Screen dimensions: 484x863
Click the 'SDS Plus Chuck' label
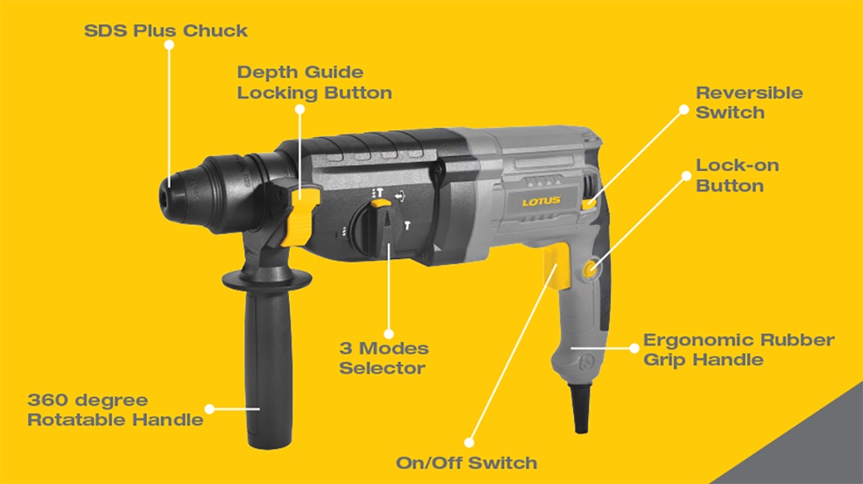tap(165, 31)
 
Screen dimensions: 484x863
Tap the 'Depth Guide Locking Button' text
tap(314, 82)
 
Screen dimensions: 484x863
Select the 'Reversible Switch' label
tap(748, 102)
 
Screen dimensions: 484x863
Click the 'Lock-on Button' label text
tap(737, 175)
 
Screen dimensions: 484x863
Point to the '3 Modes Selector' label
tap(383, 358)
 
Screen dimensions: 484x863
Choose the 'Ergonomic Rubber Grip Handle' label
tap(738, 349)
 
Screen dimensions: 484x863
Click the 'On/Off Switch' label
tap(466, 462)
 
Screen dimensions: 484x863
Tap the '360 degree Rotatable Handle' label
tap(115, 409)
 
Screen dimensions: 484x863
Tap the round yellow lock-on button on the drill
tap(590, 269)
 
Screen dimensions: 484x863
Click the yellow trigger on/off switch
tap(551, 263)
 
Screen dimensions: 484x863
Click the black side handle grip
tap(260, 345)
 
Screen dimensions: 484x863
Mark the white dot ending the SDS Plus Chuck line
tap(169, 47)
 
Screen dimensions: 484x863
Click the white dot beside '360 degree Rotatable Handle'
tap(210, 409)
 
